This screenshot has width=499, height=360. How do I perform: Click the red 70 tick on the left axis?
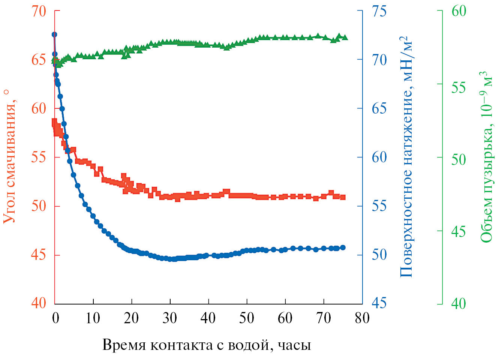point(39,11)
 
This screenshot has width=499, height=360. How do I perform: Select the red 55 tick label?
point(39,157)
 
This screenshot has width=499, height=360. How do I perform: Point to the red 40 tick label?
point(39,303)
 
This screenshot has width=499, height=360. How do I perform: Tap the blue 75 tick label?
point(379,11)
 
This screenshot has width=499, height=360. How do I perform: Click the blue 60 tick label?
point(379,157)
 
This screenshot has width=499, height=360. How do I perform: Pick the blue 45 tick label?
point(379,303)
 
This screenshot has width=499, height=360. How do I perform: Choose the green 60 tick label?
point(459,11)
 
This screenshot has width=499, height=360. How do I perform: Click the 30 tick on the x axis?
point(170,318)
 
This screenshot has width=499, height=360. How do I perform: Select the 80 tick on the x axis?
point(362,318)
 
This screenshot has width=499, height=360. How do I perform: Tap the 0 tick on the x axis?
point(55,318)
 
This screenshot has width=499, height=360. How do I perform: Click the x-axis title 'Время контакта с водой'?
point(207,345)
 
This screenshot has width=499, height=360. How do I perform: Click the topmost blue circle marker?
point(54,34)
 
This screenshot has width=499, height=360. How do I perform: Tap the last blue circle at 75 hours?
point(343,247)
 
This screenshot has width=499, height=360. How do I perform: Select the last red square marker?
point(343,197)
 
